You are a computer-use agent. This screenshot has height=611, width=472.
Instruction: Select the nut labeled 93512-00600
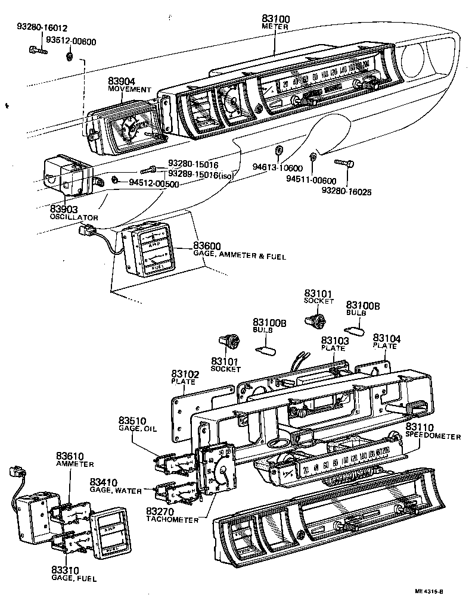pyautogui.click(x=70, y=57)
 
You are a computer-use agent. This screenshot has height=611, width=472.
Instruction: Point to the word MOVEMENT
pyautogui.click(x=130, y=89)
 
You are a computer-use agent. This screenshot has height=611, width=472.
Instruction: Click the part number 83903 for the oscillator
pyautogui.click(x=64, y=209)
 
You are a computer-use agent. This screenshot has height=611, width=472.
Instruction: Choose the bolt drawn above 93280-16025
pyautogui.click(x=344, y=162)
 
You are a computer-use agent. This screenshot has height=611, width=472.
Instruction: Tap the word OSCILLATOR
pyautogui.click(x=74, y=217)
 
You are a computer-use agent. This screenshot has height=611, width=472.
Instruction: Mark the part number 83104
pyautogui.click(x=387, y=338)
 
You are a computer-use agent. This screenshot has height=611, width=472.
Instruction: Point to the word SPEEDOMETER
pyautogui.click(x=433, y=437)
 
